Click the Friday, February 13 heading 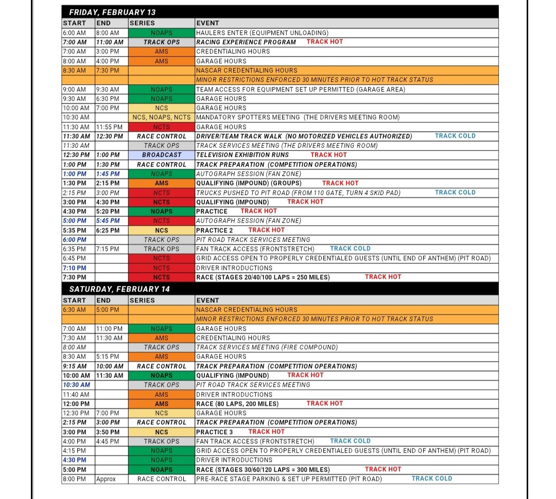(112, 12)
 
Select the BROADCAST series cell (162, 155)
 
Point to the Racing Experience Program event (246, 42)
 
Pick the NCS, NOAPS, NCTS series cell (162, 117)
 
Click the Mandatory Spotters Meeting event (298, 117)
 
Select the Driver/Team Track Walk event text (304, 136)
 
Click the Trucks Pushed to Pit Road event (298, 192)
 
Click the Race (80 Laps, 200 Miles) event (237, 404)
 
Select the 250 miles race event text (263, 277)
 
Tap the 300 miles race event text (263, 470)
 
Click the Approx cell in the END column (106, 479)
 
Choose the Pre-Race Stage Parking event (289, 479)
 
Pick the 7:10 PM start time (75, 268)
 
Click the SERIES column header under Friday (143, 23)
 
